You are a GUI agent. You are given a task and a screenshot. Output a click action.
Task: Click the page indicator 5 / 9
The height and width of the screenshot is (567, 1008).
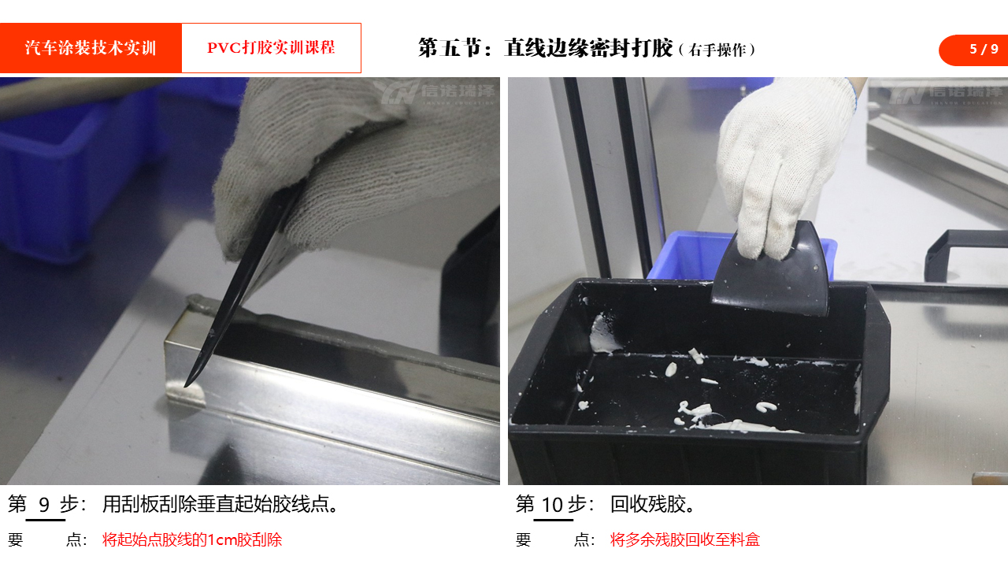[984, 49]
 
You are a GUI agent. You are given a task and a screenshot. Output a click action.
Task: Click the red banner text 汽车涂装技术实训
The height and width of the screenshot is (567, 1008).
[91, 48]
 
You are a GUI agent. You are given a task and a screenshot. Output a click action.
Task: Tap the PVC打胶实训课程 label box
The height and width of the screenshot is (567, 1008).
[271, 48]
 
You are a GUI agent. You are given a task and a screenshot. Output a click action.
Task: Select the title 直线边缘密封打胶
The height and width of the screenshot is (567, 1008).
[588, 48]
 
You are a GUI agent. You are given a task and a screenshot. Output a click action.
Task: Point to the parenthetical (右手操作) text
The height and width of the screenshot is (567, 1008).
[717, 50]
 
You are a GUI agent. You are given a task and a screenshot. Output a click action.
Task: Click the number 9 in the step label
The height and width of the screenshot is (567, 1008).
[44, 505]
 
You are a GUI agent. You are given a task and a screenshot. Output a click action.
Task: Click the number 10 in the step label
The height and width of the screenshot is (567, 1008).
[552, 505]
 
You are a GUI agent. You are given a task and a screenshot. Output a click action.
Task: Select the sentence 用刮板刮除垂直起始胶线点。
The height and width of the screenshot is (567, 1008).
[220, 505]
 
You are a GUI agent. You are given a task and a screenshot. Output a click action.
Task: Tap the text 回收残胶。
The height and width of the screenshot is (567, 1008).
[653, 505]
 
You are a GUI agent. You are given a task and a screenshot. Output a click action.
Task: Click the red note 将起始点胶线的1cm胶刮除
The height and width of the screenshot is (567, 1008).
[192, 539]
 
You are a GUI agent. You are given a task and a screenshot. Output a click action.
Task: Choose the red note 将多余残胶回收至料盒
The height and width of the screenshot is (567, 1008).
[685, 539]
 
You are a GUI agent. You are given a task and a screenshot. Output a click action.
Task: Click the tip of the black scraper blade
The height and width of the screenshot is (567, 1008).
[186, 386]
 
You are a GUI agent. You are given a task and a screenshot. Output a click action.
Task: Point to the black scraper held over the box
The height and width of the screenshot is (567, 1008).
[770, 273]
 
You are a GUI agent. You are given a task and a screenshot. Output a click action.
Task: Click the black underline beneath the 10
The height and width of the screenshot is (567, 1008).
[553, 521]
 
